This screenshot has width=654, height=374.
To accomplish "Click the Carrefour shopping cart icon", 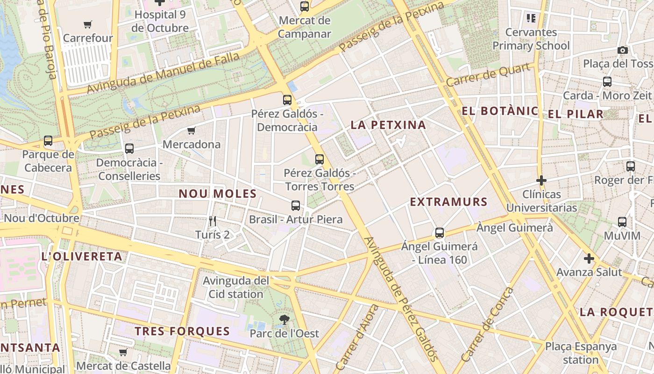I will (87, 24).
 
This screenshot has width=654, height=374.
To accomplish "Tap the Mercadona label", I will (192, 144).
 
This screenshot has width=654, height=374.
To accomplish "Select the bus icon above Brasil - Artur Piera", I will (295, 205).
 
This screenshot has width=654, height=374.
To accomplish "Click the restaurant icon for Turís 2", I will (213, 221).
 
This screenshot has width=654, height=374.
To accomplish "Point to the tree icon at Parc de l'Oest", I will (284, 320).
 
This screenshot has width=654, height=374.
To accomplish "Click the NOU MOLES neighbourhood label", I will (218, 194).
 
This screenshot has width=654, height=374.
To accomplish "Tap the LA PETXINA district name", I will (388, 125).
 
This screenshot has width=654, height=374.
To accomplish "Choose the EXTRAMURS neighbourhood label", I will (448, 202).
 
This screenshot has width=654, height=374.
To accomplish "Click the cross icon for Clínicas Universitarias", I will (541, 180).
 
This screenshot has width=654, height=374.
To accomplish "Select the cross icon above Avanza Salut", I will (589, 258).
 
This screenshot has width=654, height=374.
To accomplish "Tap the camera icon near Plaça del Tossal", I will (622, 50).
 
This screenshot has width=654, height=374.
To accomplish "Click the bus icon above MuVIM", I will (622, 222).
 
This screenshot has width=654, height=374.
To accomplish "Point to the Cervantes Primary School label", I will (531, 39).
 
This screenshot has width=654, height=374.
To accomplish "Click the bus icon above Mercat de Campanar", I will (305, 7).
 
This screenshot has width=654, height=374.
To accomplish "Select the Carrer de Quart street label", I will (489, 74).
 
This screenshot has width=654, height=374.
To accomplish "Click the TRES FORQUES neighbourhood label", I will (182, 331).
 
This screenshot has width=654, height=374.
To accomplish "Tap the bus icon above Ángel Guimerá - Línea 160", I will (439, 232).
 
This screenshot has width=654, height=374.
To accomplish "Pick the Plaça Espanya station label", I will (581, 353).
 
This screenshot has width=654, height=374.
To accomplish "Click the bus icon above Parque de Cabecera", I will (48, 140).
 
